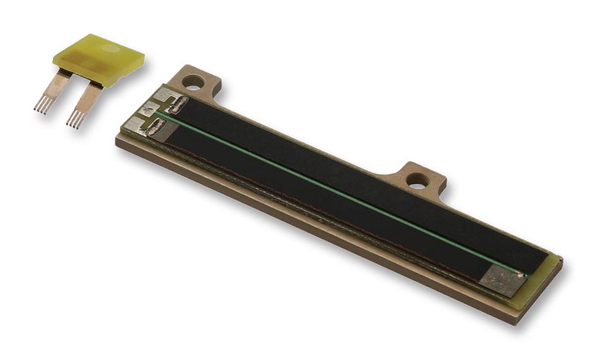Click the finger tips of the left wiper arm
pos(42,107)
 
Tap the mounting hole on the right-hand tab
pos(418,181)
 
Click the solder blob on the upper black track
pos(178,104)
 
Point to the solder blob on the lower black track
pos(155,128)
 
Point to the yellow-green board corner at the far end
pos(555,262)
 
